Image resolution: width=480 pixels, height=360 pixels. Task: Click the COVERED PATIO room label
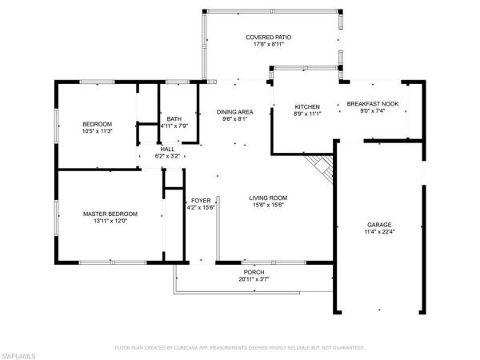pyautogui.click(x=269, y=37)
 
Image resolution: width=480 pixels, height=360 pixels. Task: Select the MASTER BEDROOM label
pyautogui.click(x=110, y=214)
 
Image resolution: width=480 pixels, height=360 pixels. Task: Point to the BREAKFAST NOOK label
pyautogui.click(x=373, y=105)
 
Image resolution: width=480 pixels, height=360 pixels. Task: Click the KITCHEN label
pyautogui.click(x=307, y=106)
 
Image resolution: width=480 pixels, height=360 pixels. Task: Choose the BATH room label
pyautogui.click(x=174, y=118)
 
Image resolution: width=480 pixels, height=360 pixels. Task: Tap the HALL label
pyautogui.click(x=167, y=149)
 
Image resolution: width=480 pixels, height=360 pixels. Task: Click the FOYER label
pyautogui.click(x=200, y=200)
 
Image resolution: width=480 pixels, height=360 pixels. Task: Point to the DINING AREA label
pyautogui.click(x=236, y=112)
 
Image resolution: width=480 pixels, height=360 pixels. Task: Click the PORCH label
pyautogui.click(x=253, y=272)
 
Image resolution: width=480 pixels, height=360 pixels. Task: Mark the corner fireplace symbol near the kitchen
pyautogui.click(x=321, y=167)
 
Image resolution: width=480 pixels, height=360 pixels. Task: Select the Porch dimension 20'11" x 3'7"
pyautogui.click(x=254, y=279)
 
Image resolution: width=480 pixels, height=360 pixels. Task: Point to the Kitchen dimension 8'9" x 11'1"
pyautogui.click(x=307, y=114)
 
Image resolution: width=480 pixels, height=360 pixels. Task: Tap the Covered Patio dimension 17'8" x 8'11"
pyautogui.click(x=269, y=45)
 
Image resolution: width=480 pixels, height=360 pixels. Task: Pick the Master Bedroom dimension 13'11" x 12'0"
pyautogui.click(x=110, y=222)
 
